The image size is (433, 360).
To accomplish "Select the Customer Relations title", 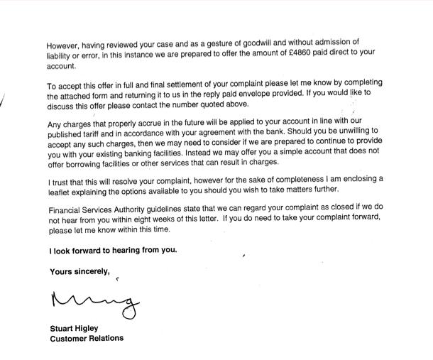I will (86, 339).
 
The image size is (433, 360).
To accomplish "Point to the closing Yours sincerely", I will (80, 271).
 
